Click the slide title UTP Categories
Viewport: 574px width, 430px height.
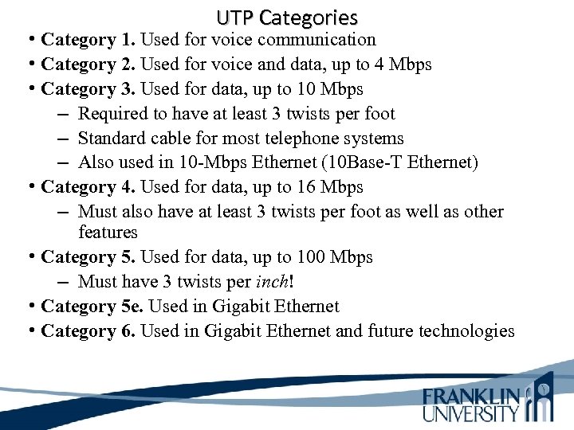[287, 17]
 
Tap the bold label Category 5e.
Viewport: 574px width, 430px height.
[88, 307]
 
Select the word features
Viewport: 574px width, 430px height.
[108, 233]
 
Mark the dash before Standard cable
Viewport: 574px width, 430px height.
[63, 139]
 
